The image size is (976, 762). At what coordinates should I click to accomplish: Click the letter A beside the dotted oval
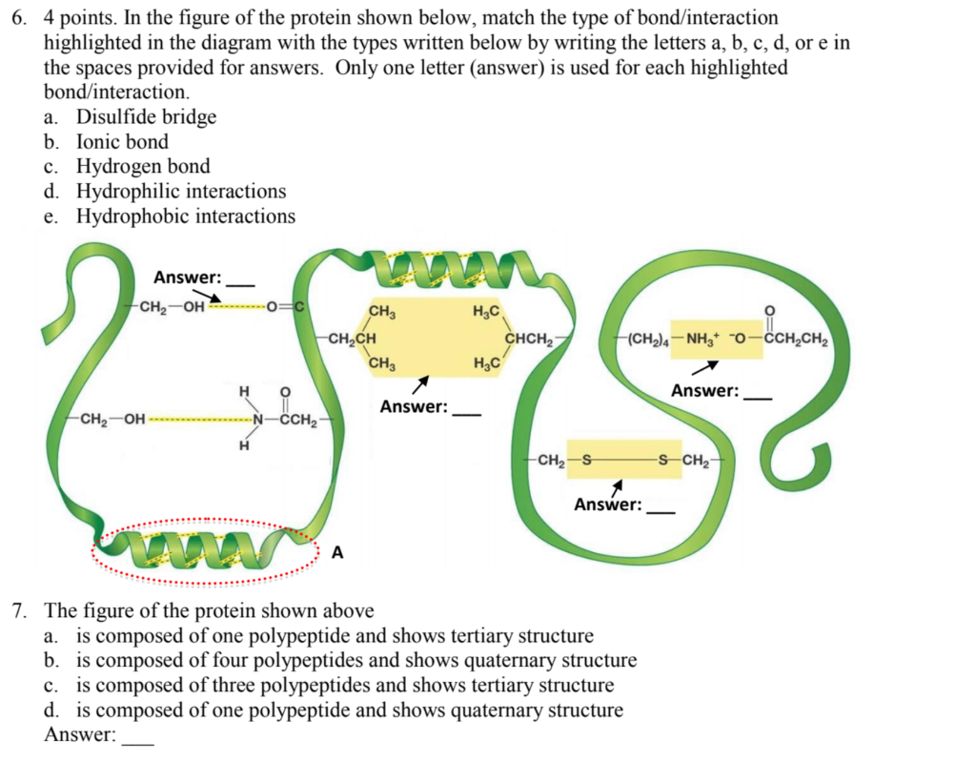click(x=337, y=551)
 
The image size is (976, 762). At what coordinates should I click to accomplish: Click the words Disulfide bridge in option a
click(x=147, y=117)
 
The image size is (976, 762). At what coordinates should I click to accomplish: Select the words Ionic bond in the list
click(x=122, y=142)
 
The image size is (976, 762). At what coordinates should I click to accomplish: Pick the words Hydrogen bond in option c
click(x=143, y=167)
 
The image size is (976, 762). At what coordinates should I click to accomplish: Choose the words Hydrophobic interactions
click(x=186, y=216)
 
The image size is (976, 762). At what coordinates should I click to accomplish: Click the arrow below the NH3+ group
click(x=704, y=367)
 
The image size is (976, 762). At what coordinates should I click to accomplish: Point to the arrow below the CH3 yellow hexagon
click(x=418, y=383)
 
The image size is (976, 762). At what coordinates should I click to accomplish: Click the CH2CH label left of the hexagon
click(x=350, y=337)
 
